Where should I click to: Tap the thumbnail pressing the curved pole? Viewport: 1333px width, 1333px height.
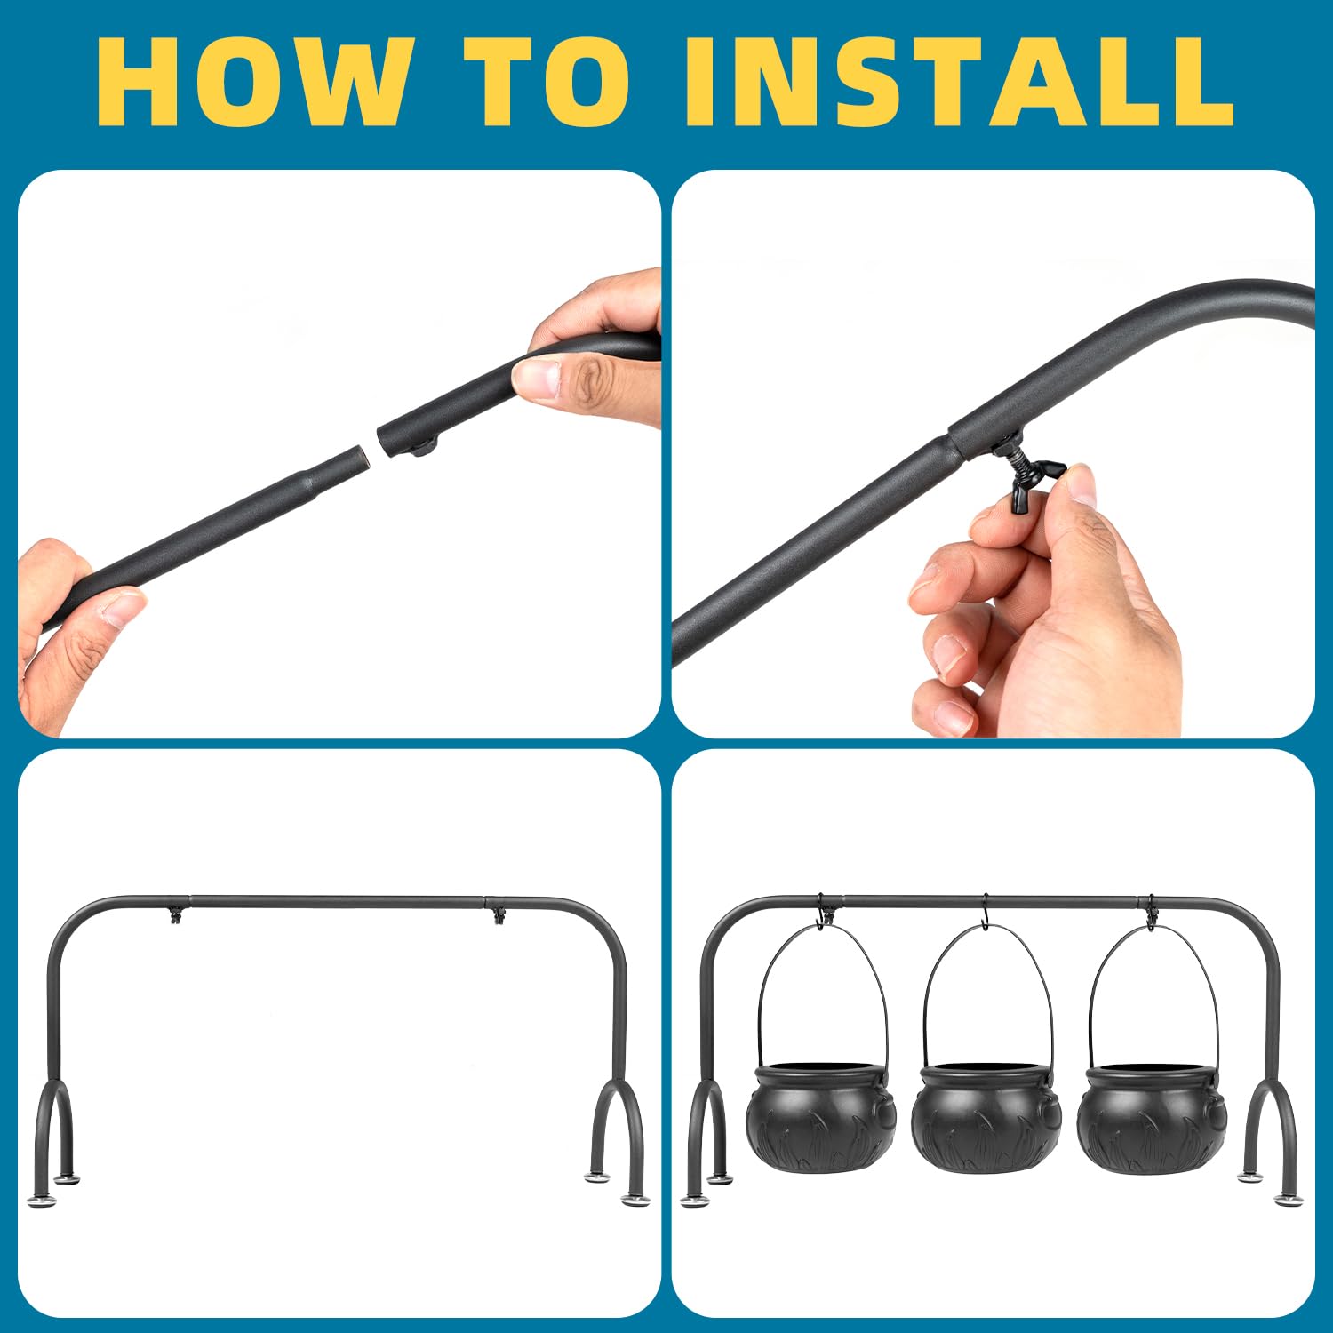tap(535, 378)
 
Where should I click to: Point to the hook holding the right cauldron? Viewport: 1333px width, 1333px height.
tap(1152, 913)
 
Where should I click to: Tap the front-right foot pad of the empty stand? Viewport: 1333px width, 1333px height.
tap(635, 1201)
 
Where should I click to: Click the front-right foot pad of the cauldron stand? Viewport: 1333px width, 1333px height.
tap(1286, 1201)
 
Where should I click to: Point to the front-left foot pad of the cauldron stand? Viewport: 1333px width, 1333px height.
tap(693, 1201)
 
